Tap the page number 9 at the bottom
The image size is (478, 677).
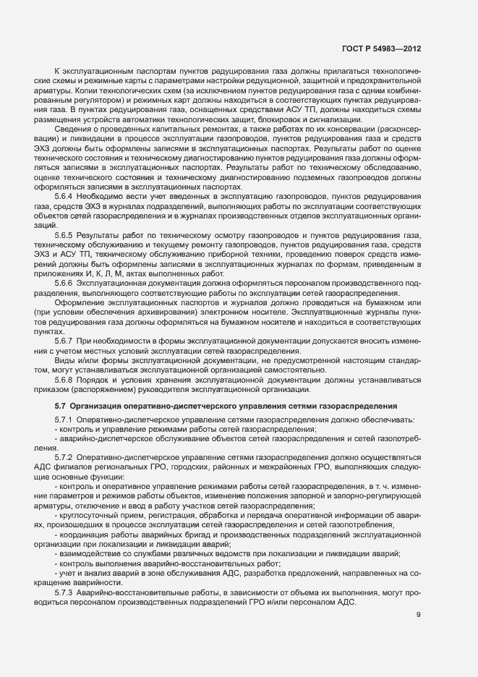[x=419, y=616]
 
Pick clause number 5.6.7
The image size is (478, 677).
[x=64, y=338]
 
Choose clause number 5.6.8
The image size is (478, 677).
[x=64, y=376]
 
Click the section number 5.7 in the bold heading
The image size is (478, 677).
[x=61, y=406]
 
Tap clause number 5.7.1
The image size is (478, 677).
[x=64, y=420]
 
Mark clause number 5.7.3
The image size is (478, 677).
[x=64, y=592]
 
